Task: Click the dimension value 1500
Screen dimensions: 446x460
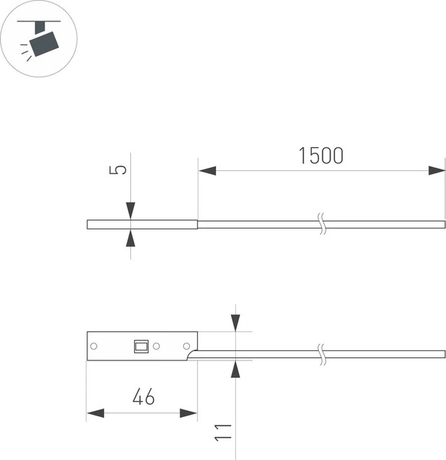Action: pyautogui.click(x=321, y=156)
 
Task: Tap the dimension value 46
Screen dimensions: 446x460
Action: pyautogui.click(x=143, y=396)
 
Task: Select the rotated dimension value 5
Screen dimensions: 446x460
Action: pyautogui.click(x=117, y=170)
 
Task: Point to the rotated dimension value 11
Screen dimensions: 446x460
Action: pyautogui.click(x=223, y=432)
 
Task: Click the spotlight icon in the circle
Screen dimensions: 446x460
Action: pyautogui.click(x=40, y=41)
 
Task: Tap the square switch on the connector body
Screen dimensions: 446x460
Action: pyautogui.click(x=141, y=347)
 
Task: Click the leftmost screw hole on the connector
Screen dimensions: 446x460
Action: pyautogui.click(x=93, y=347)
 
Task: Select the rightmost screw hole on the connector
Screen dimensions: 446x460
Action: pyautogui.click(x=186, y=347)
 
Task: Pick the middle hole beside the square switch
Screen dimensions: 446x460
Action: pyautogui.click(x=156, y=347)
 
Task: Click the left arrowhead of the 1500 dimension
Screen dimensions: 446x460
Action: pyautogui.click(x=208, y=170)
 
